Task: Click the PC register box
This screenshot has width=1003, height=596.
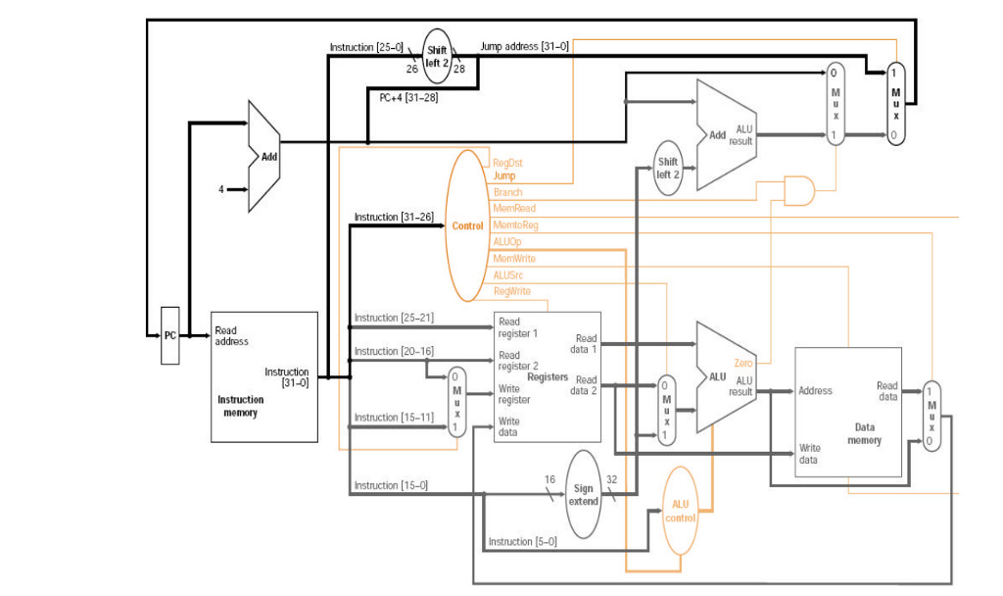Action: pyautogui.click(x=170, y=335)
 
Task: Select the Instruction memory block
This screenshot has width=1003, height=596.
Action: pyautogui.click(x=264, y=376)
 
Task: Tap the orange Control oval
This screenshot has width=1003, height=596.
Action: pyautogui.click(x=467, y=225)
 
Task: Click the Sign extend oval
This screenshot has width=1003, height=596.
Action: pyautogui.click(x=583, y=494)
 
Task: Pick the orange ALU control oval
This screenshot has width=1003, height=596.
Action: pyautogui.click(x=681, y=511)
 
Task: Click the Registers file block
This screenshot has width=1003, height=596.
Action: pyautogui.click(x=547, y=376)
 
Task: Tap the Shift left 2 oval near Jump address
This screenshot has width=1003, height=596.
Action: pyautogui.click(x=437, y=56)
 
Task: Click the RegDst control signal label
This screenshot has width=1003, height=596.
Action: pyautogui.click(x=507, y=163)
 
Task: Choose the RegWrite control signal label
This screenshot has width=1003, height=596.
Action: pyautogui.click(x=512, y=291)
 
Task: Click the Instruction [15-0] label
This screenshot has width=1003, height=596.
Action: pyautogui.click(x=390, y=485)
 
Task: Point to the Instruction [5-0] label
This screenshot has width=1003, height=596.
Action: pyautogui.click(x=522, y=541)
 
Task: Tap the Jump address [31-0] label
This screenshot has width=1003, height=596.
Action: pyautogui.click(x=524, y=46)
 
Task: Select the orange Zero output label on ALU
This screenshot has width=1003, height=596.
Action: pyautogui.click(x=743, y=364)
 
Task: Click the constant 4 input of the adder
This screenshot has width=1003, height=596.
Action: pyautogui.click(x=221, y=188)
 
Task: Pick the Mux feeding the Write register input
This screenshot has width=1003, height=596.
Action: pyautogui.click(x=456, y=401)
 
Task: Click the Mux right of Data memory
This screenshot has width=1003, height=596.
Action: pyautogui.click(x=931, y=416)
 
